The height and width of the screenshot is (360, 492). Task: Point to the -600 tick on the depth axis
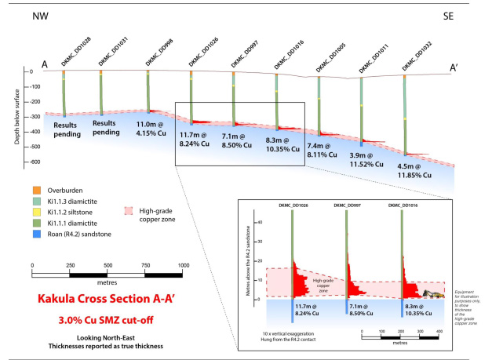(x=31, y=162)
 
